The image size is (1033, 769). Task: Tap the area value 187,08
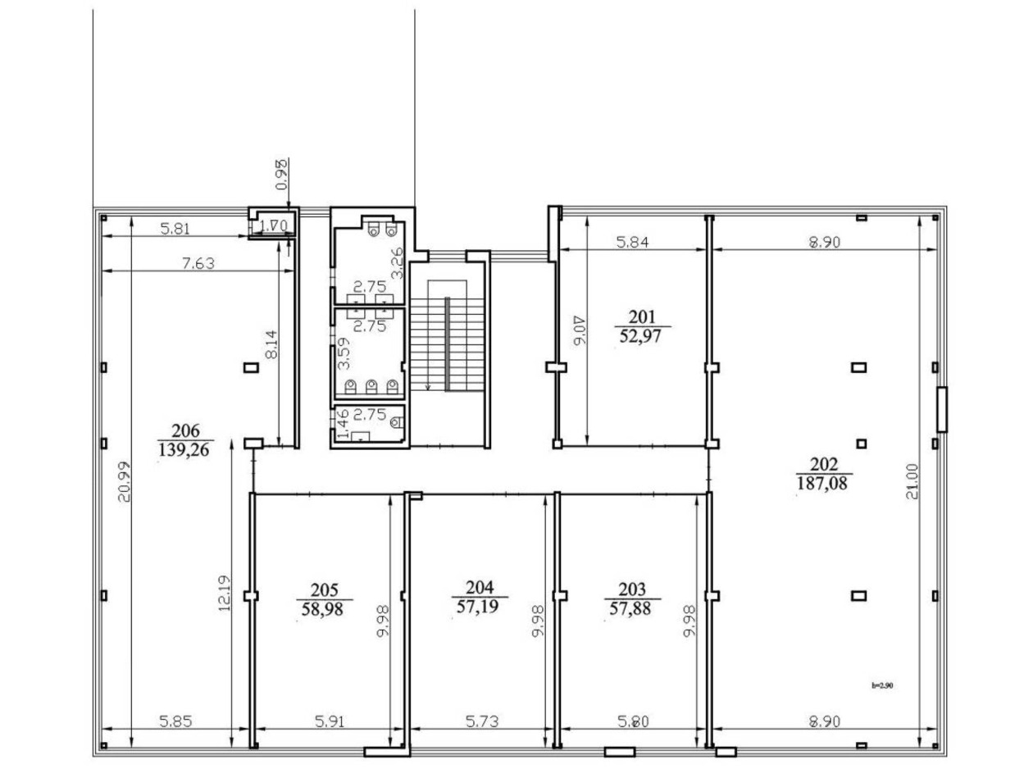click(824, 483)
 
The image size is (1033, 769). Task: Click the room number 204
click(480, 588)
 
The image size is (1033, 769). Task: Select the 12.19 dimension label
click(226, 592)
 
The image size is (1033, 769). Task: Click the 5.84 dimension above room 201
click(632, 243)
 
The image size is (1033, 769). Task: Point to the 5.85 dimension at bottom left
click(178, 721)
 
